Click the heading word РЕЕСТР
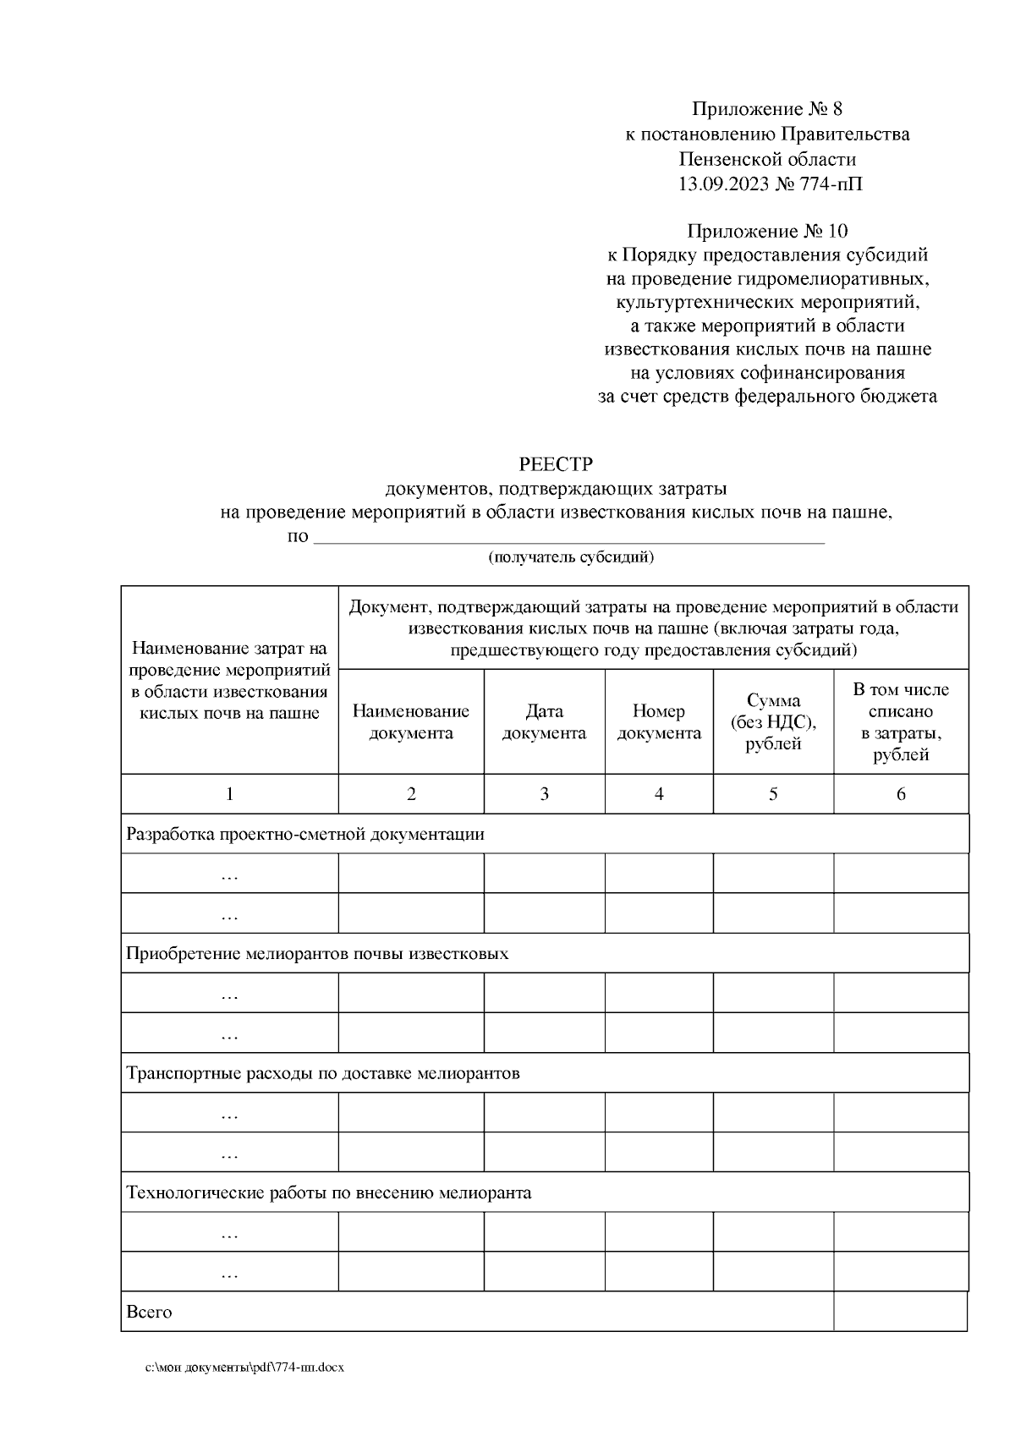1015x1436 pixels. coord(556,464)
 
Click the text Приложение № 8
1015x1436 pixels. coord(767,109)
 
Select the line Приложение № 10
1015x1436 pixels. coord(767,231)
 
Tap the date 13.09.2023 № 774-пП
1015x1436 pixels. coord(767,184)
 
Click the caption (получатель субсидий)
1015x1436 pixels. coord(570,556)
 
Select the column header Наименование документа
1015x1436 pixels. coord(411,721)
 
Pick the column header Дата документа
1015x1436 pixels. coord(544,721)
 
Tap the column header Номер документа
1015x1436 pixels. coord(659,721)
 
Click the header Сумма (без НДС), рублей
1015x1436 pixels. coord(773,721)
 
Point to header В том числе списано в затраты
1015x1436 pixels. coord(901,721)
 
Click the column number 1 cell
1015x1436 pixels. coord(229,793)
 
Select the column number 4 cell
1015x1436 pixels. coord(659,793)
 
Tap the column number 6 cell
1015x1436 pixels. coord(901,793)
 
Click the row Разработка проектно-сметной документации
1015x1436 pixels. coord(305,834)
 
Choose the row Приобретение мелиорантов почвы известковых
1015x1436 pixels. coord(317,953)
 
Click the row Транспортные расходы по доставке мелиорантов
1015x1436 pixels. coord(322,1073)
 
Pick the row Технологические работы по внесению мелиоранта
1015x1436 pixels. coord(328,1193)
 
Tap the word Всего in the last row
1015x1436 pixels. coord(149,1312)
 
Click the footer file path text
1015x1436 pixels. coord(244,1367)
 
